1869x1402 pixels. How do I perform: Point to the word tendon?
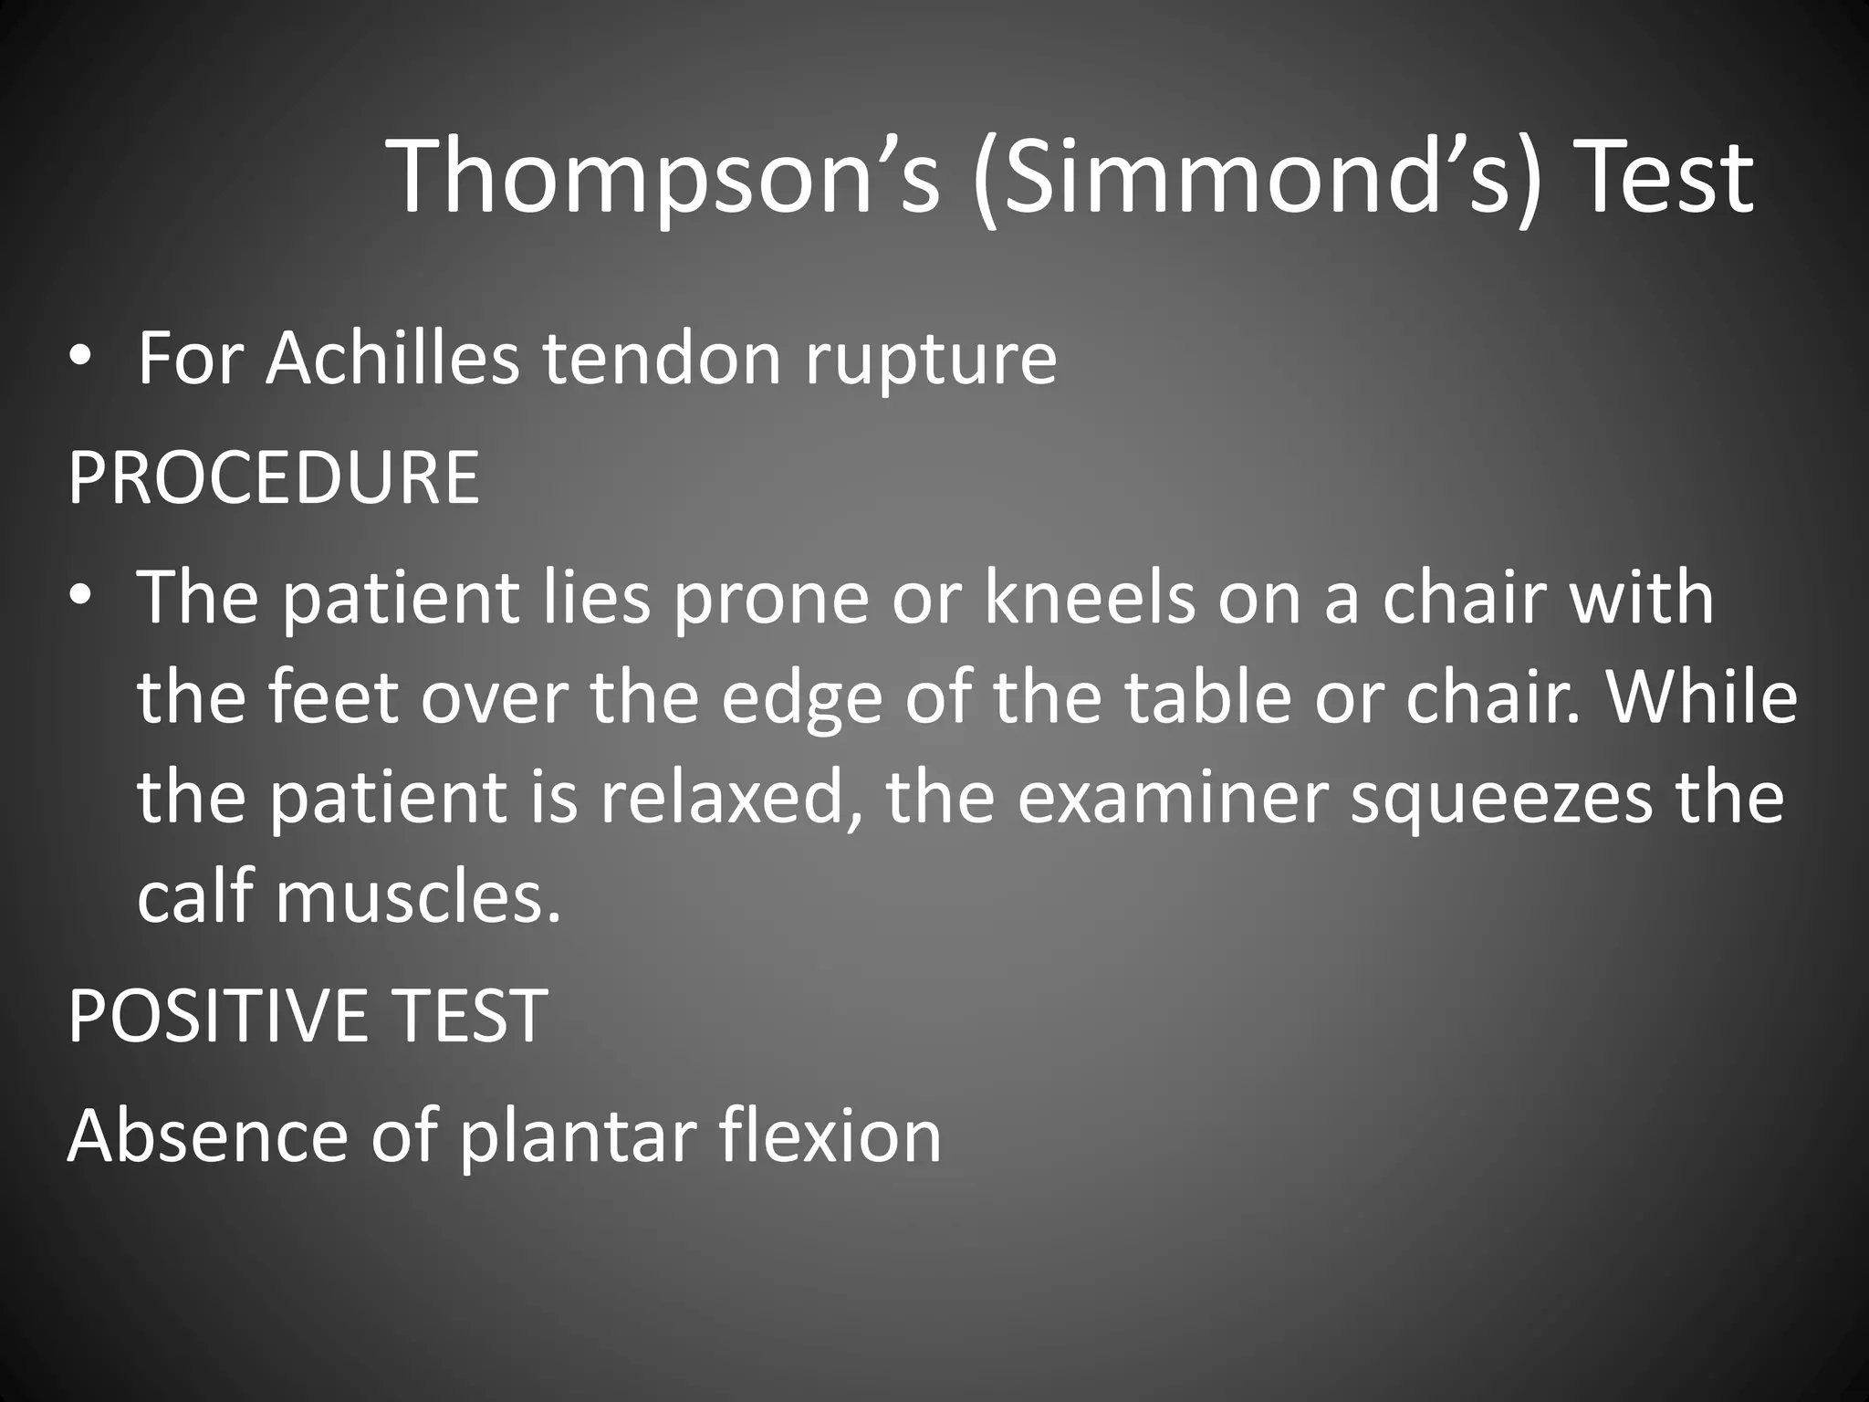(x=663, y=358)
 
